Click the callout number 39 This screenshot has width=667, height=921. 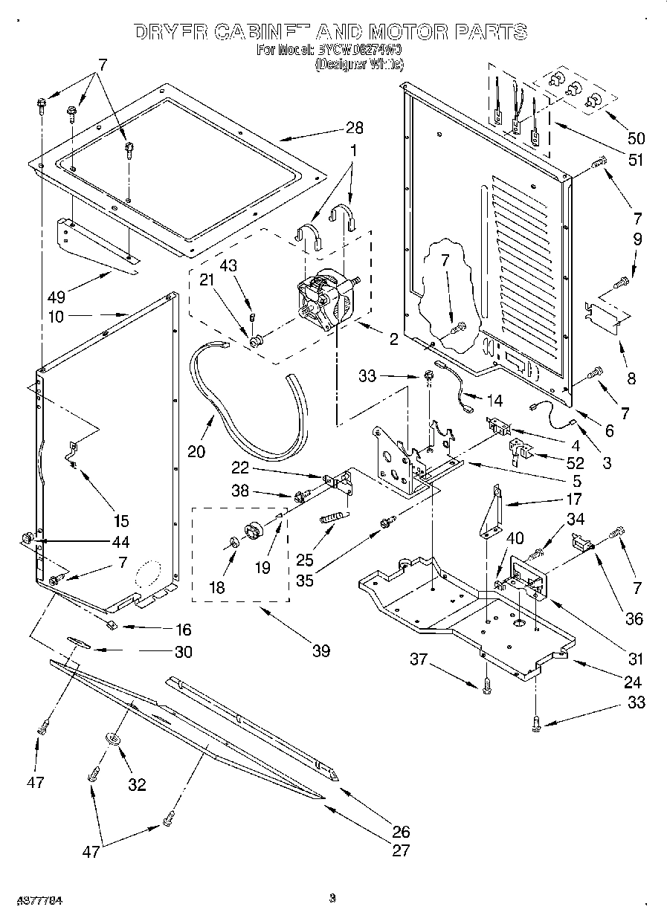tap(320, 652)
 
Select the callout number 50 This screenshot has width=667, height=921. tap(636, 138)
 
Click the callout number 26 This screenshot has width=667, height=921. tap(401, 832)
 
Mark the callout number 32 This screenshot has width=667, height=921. tap(137, 783)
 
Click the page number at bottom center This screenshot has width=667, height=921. tap(332, 899)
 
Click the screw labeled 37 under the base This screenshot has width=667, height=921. tap(486, 688)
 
